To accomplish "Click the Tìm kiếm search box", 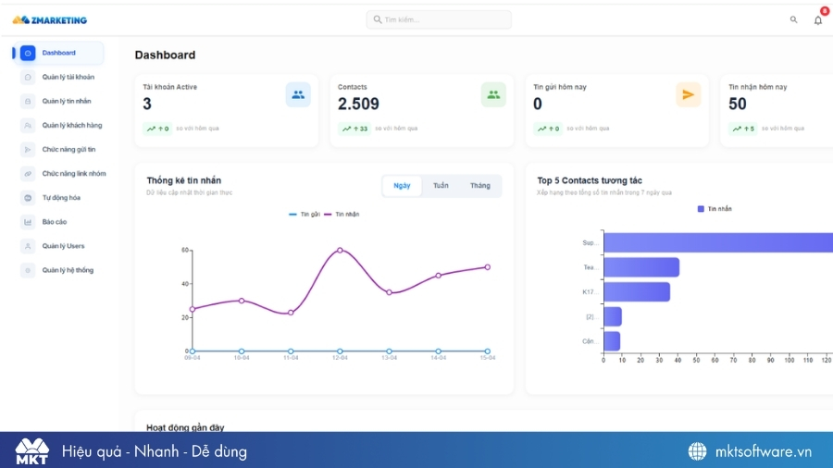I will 439,19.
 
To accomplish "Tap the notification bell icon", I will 817,20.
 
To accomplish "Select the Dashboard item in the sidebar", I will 58,53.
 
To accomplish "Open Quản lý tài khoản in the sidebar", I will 68,77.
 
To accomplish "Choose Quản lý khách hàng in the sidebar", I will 71,125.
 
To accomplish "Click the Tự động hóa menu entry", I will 61,197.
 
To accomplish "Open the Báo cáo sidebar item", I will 54,222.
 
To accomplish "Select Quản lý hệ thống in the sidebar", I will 68,270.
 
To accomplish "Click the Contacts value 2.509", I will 358,105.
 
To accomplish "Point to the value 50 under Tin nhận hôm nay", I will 737,105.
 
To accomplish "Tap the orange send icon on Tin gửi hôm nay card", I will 688,94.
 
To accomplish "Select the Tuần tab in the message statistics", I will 441,186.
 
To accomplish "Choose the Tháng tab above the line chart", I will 479,186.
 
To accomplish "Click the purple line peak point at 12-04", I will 340,250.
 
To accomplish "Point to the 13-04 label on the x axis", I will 389,358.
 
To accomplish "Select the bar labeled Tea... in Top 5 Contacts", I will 640,267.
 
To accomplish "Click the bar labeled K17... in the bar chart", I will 636,291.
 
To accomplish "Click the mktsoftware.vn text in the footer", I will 763,451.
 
